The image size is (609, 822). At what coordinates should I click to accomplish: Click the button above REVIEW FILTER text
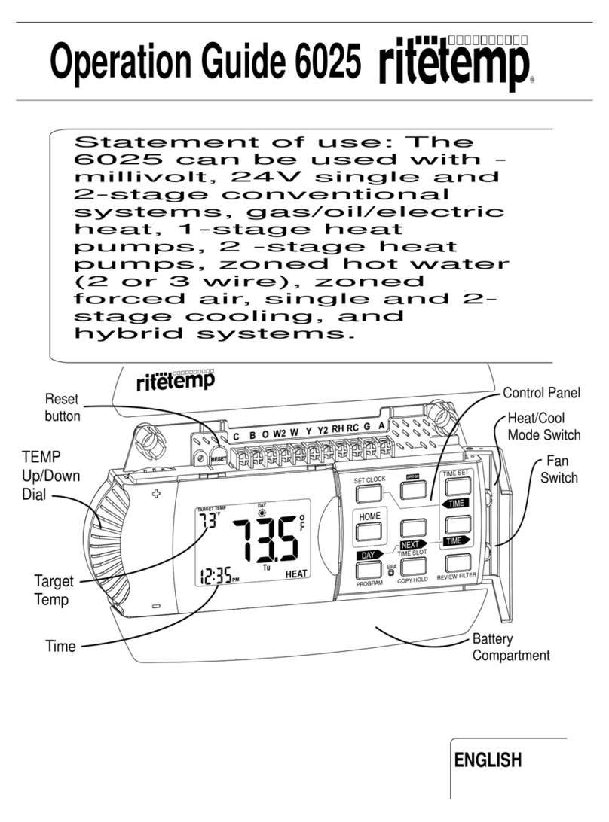click(x=458, y=562)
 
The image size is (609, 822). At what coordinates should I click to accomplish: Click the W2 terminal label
click(x=279, y=434)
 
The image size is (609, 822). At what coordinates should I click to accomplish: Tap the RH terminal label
click(x=338, y=431)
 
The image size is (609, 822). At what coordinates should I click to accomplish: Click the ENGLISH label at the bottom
click(x=498, y=760)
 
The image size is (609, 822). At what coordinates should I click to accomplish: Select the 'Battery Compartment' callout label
click(x=510, y=647)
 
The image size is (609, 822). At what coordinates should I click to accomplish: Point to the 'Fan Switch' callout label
click(x=558, y=470)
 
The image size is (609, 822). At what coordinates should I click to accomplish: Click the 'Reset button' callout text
click(x=62, y=407)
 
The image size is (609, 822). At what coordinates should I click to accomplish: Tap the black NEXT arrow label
click(x=412, y=543)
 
